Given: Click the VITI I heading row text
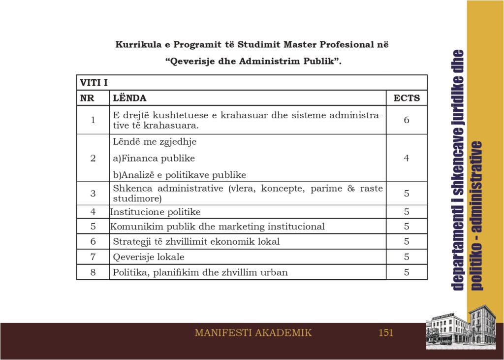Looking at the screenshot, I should [94, 82].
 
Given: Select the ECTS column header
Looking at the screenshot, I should [407, 98].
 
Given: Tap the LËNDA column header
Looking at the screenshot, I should [129, 98].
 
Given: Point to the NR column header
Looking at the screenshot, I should [87, 98].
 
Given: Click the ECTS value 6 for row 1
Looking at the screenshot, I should [407, 120].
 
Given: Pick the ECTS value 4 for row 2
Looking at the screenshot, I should [407, 158].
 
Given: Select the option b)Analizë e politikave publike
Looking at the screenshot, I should [179, 175].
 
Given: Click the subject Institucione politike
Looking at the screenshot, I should [155, 212].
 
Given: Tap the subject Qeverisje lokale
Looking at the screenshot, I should [149, 257].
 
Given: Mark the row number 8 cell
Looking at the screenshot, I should [93, 272].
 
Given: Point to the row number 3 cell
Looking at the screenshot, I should [93, 194].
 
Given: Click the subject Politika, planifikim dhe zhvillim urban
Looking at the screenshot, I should [200, 272].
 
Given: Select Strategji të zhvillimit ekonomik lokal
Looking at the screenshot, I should [196, 242].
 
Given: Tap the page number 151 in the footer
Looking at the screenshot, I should [386, 333].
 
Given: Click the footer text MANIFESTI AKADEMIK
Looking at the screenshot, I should [253, 333].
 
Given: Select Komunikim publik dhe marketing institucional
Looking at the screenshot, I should [217, 227].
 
